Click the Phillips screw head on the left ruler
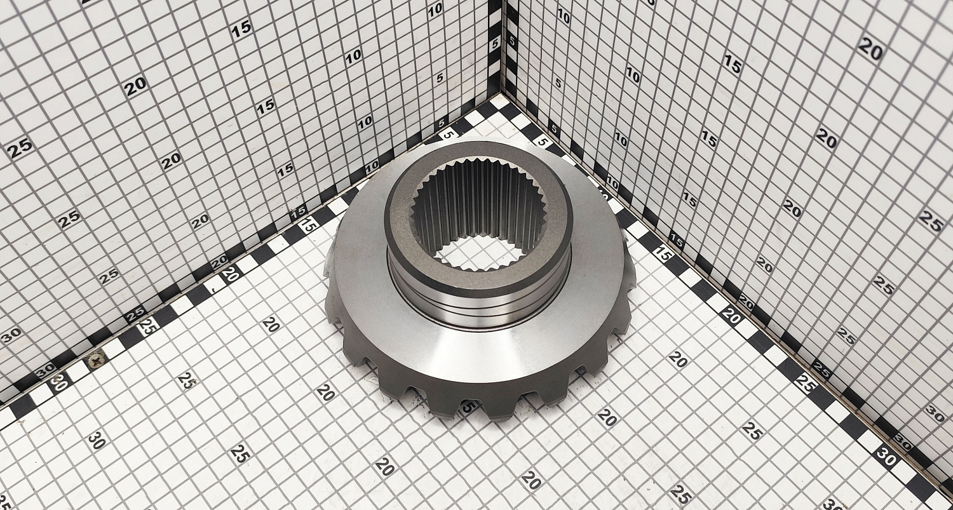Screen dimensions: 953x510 coord(95,360)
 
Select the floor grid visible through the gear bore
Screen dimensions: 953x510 coord(478,253)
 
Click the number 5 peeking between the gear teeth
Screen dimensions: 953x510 coord(468,407)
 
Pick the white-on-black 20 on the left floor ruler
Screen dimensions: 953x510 coord(229,274)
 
